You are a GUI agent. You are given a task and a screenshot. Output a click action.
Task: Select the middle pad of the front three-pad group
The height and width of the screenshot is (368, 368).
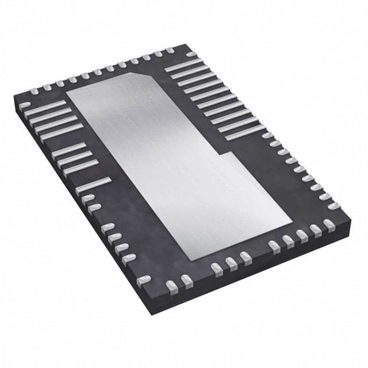(x=231, y=262)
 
